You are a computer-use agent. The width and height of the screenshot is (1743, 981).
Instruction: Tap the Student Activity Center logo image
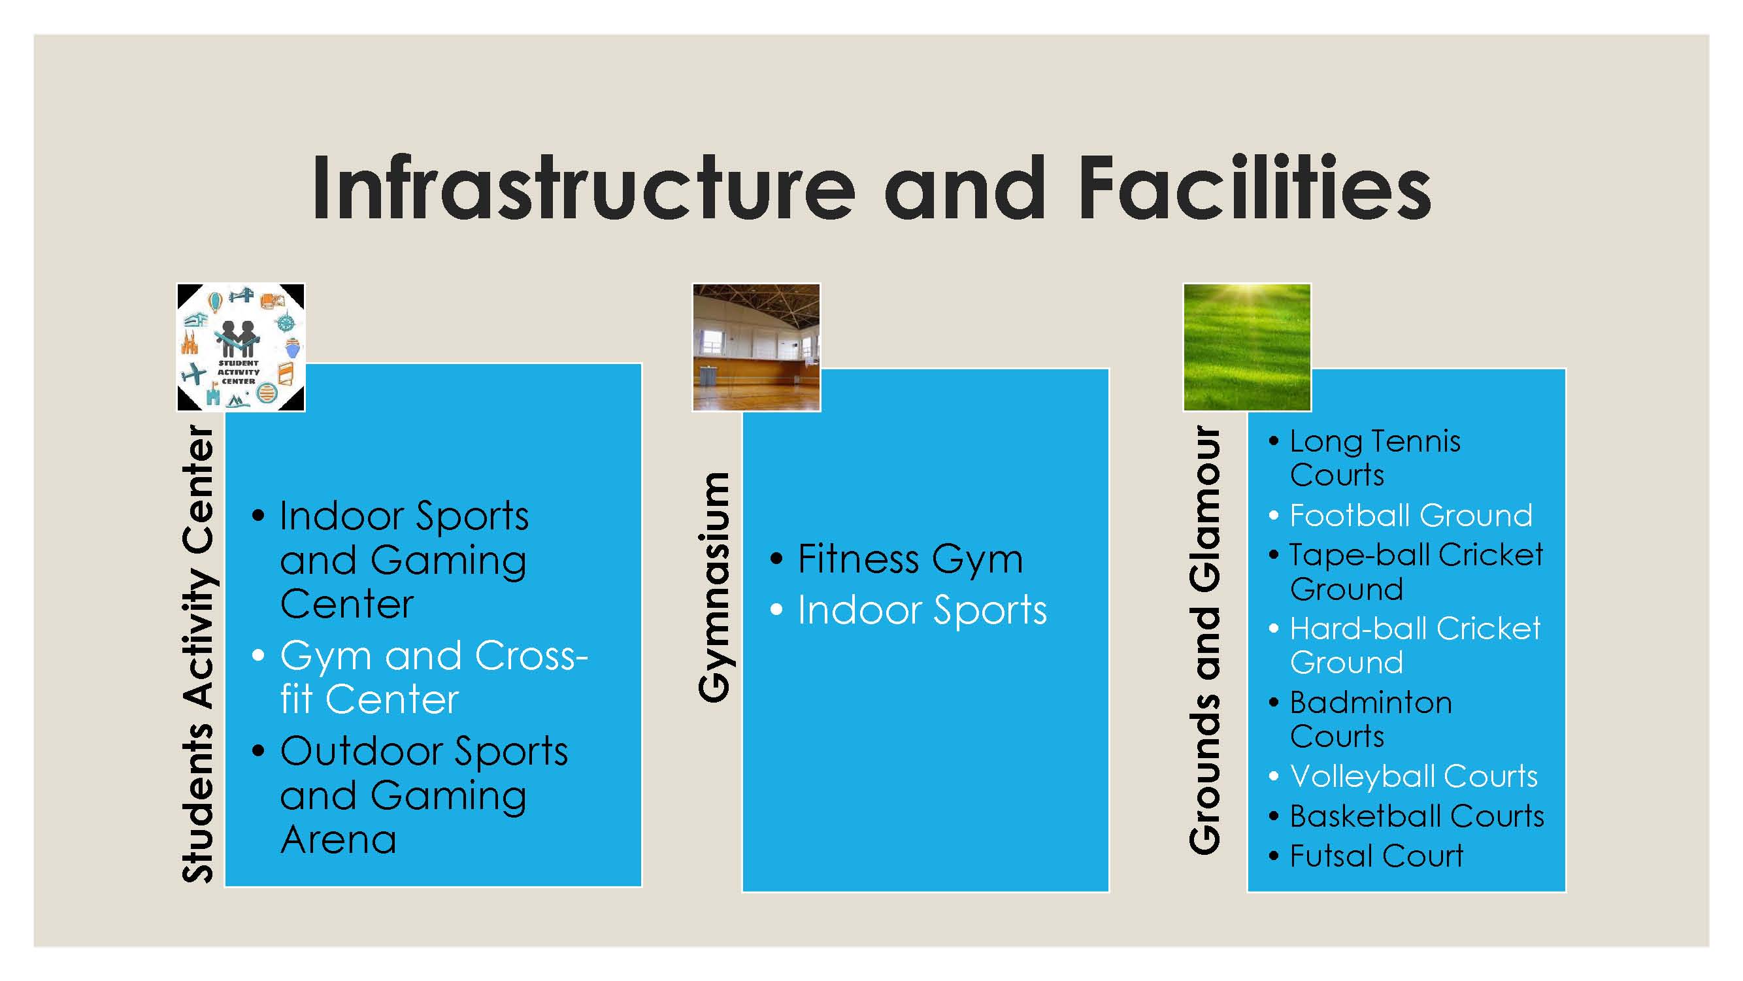click(x=241, y=347)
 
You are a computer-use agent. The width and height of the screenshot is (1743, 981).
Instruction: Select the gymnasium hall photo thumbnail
click(x=756, y=347)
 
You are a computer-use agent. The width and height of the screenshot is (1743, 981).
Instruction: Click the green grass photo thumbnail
click(x=1247, y=347)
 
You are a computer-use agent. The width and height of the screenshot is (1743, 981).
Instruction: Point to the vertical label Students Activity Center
click(x=197, y=654)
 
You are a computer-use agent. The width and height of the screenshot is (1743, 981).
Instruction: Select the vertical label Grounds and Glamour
click(x=1206, y=640)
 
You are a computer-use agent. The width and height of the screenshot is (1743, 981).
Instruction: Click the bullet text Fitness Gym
click(x=910, y=560)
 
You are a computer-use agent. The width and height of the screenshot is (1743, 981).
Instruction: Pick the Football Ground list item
click(x=1411, y=516)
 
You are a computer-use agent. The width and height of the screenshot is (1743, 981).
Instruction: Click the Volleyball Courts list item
click(x=1414, y=776)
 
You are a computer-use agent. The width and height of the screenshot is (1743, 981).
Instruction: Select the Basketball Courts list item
click(x=1417, y=816)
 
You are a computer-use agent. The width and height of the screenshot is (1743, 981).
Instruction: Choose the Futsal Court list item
click(x=1376, y=856)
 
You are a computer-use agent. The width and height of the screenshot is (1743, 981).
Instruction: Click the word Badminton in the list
click(x=1371, y=703)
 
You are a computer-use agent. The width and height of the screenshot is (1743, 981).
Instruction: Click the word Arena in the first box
click(x=339, y=840)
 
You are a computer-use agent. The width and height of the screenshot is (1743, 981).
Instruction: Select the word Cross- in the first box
click(x=531, y=656)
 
